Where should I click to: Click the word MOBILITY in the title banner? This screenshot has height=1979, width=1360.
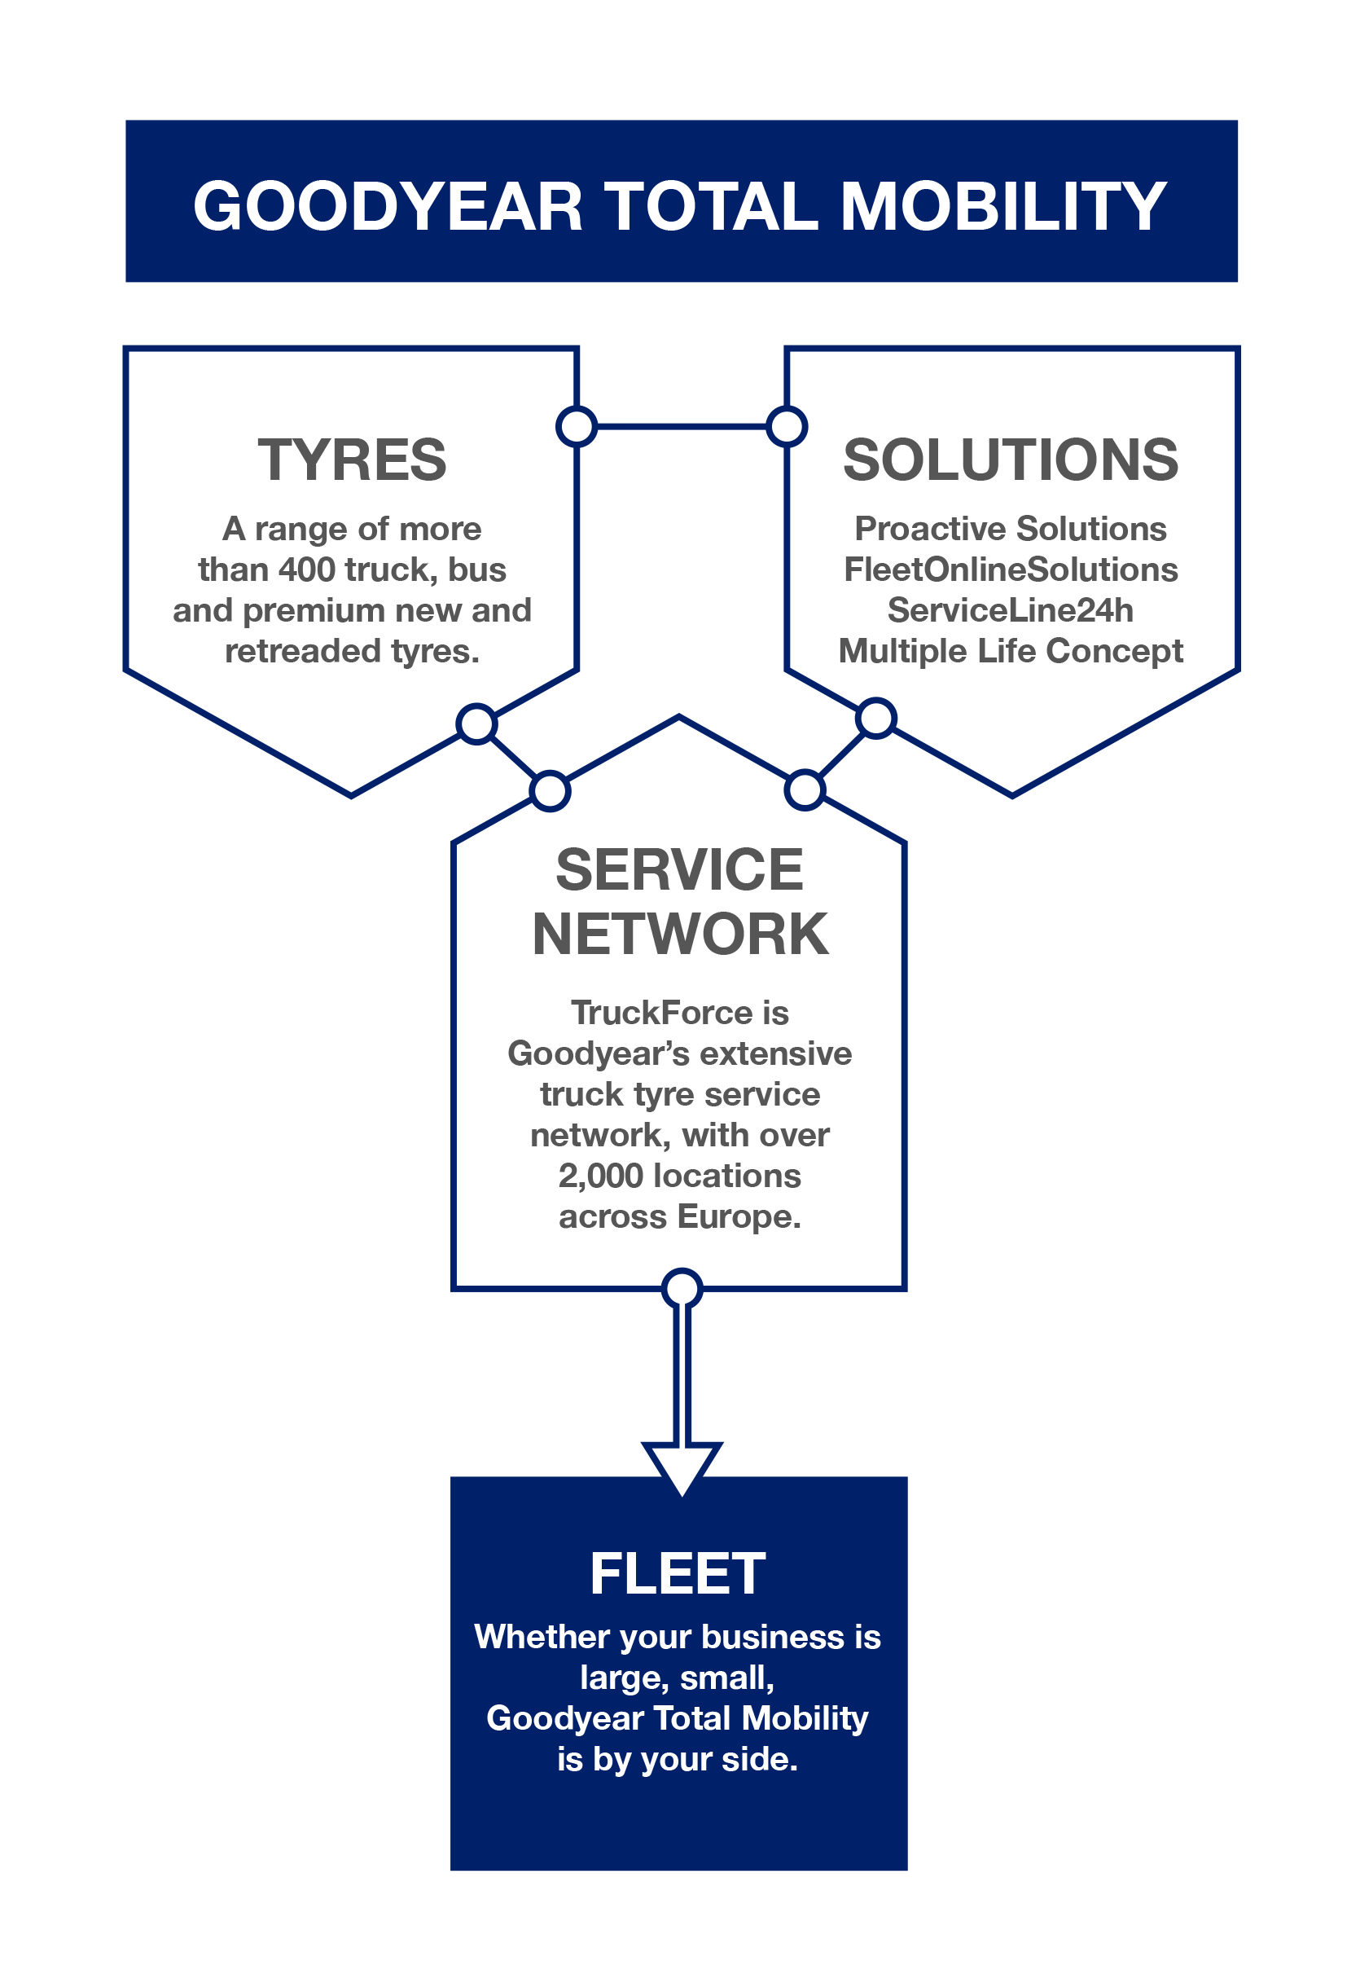[x=1003, y=206]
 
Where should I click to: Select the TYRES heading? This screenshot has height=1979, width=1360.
[x=352, y=460]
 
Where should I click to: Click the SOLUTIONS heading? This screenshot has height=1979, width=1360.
[x=1011, y=460]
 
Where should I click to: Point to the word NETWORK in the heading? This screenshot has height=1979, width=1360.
[x=680, y=935]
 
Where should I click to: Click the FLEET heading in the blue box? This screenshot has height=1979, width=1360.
[x=678, y=1573]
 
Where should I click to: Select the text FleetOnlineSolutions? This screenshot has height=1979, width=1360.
[x=1011, y=570]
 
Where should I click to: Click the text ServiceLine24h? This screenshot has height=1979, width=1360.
[x=1011, y=610]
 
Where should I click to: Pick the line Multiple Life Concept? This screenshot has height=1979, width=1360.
[x=1011, y=651]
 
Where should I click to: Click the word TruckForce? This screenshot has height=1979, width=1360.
[x=662, y=1013]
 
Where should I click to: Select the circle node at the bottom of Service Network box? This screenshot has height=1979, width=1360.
[x=682, y=1289]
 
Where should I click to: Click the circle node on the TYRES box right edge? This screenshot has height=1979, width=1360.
[x=577, y=426]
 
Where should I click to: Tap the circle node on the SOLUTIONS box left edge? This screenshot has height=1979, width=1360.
[x=787, y=426]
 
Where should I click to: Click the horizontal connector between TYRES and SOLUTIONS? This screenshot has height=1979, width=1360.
[x=682, y=426]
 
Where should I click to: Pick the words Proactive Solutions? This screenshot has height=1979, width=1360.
[x=1011, y=529]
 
